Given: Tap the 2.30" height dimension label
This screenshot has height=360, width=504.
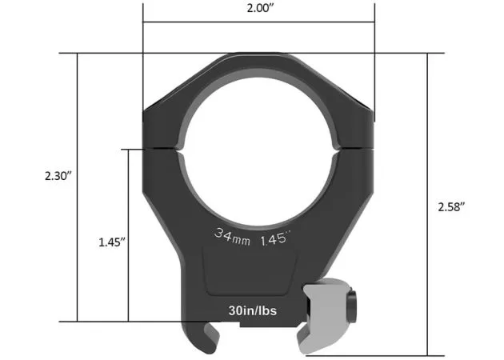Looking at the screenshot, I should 58,174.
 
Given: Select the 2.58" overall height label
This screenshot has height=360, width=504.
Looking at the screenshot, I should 452,206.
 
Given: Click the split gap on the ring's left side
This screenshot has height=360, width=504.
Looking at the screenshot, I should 160,148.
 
